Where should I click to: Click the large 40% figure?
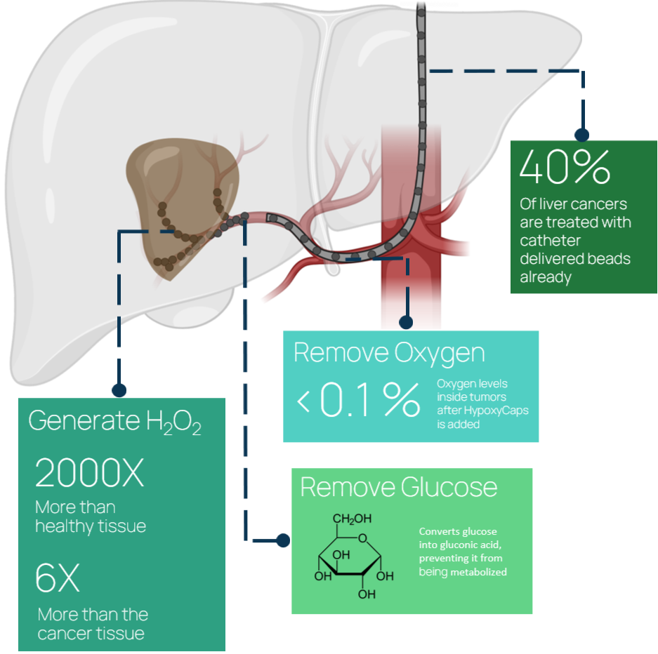(565, 166)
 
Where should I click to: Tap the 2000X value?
(89, 474)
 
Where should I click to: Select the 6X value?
(58, 579)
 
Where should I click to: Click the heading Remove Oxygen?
(389, 352)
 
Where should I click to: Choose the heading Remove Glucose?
(398, 487)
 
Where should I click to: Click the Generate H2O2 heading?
(114, 421)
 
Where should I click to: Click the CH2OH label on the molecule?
(353, 519)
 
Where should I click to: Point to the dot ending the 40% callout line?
(581, 135)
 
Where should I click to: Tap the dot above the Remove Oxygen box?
(405, 322)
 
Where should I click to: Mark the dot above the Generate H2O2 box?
(119, 389)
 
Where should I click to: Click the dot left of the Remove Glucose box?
(282, 540)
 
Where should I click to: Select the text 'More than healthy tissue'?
(90, 516)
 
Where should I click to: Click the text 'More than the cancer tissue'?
(93, 624)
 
